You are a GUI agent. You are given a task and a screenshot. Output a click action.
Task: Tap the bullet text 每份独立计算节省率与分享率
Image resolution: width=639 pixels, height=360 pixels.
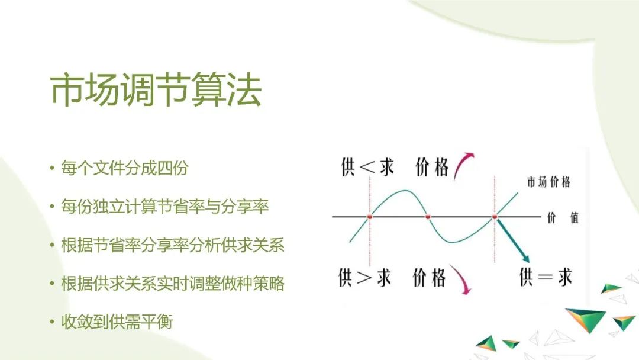click(165, 207)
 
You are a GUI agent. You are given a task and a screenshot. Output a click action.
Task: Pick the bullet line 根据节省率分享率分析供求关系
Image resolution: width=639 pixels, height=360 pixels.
click(173, 245)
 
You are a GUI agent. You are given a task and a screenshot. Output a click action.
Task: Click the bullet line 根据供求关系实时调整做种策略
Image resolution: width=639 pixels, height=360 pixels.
click(173, 284)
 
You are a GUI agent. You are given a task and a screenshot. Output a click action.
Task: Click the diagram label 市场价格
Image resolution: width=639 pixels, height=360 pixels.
click(548, 182)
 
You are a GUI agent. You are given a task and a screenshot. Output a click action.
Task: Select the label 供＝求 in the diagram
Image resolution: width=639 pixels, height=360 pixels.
click(545, 277)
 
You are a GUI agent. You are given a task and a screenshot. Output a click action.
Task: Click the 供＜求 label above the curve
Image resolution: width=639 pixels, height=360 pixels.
click(367, 168)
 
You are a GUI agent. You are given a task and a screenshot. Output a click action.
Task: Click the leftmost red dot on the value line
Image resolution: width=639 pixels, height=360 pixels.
click(370, 217)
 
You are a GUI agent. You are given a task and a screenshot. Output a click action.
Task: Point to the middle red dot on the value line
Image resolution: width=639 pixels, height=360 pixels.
click(428, 217)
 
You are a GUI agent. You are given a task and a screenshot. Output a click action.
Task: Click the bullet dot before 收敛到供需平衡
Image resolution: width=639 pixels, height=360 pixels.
click(52, 323)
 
